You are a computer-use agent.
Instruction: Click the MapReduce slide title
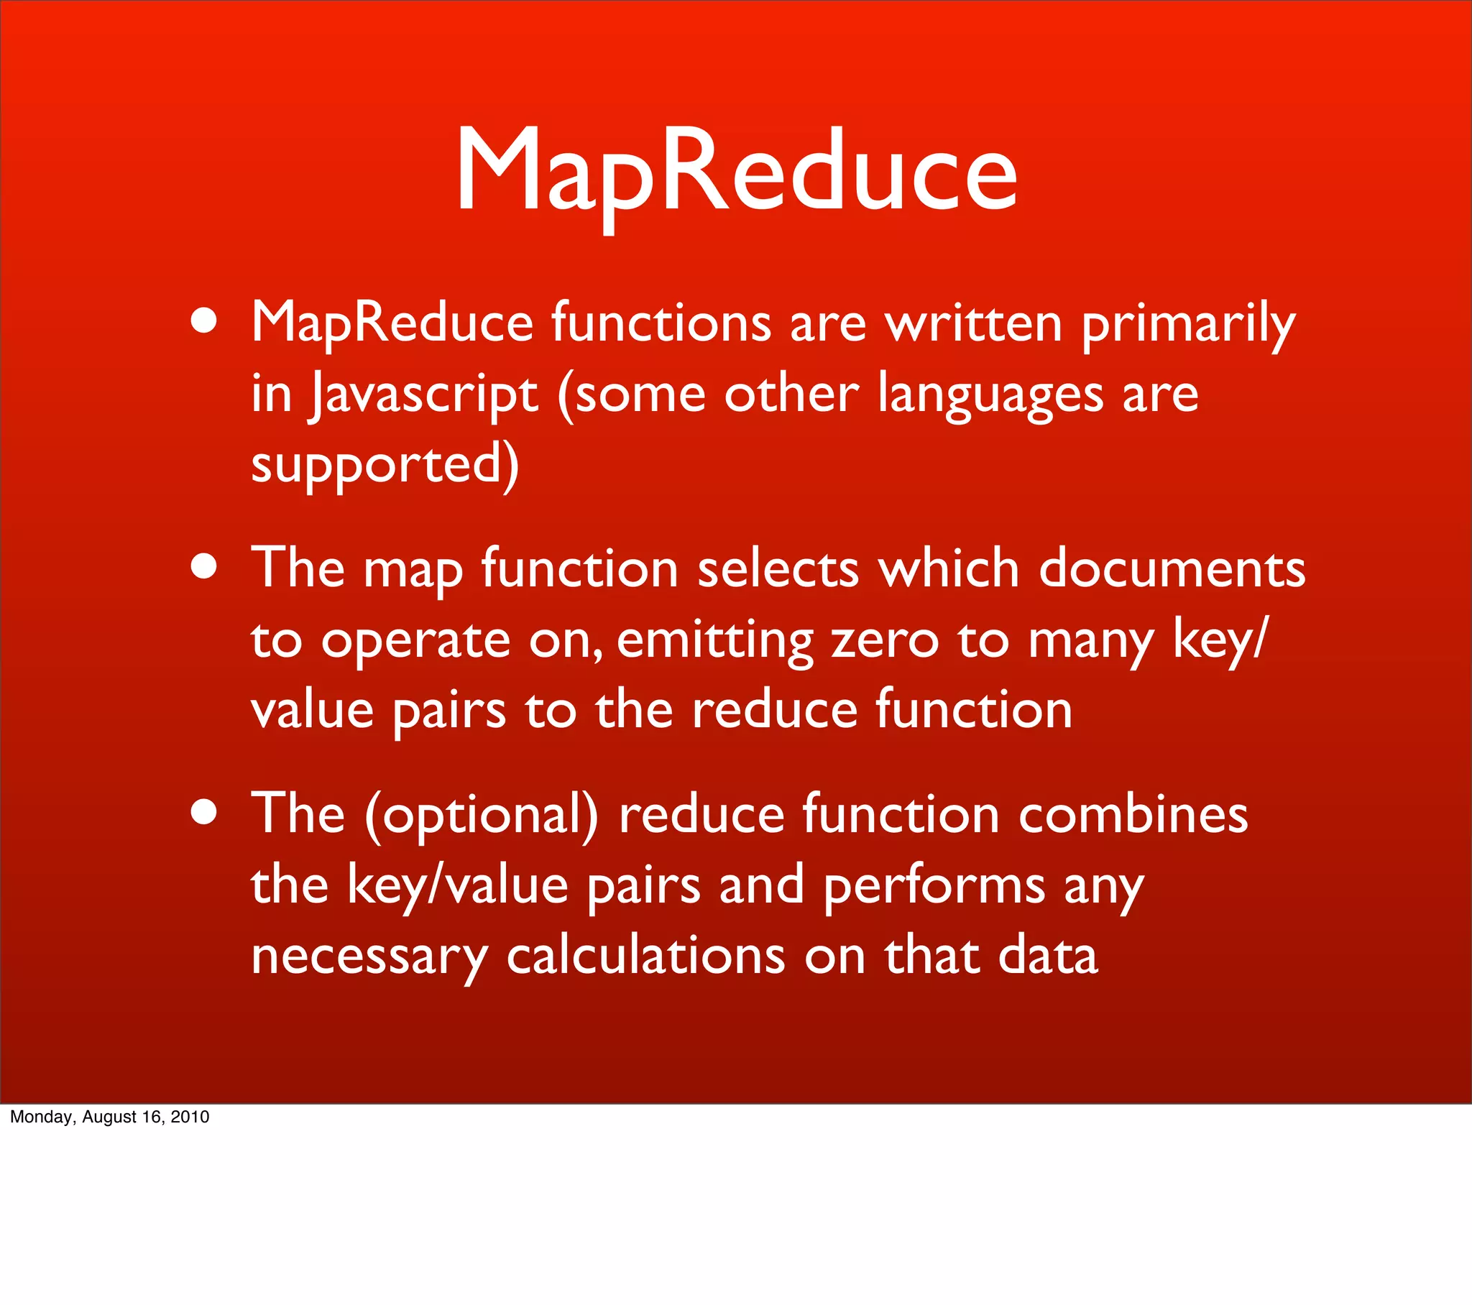pyautogui.click(x=736, y=173)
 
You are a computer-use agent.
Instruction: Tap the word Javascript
pyautogui.click(x=424, y=395)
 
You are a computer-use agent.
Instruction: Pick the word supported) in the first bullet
pyautogui.click(x=385, y=465)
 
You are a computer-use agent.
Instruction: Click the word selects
pyautogui.click(x=778, y=568)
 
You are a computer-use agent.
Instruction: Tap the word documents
pyautogui.click(x=1172, y=568)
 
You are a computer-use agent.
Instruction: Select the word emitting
pyautogui.click(x=714, y=640)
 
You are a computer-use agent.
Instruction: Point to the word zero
pyautogui.click(x=885, y=640)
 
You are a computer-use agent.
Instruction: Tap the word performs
pyautogui.click(x=934, y=886)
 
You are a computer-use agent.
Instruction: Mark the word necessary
pyautogui.click(x=369, y=957)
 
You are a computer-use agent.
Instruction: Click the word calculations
pyautogui.click(x=646, y=956)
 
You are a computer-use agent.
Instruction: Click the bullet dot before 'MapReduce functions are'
pyautogui.click(x=205, y=321)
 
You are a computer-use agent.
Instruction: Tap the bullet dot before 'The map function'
pyautogui.click(x=205, y=566)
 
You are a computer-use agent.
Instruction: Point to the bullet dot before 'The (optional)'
pyautogui.click(x=205, y=812)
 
